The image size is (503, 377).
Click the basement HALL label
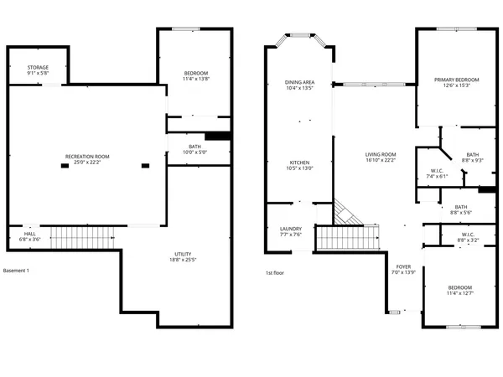tap(29, 235)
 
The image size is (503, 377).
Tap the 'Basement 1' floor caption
tap(17, 271)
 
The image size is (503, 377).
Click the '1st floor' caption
tap(276, 273)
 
